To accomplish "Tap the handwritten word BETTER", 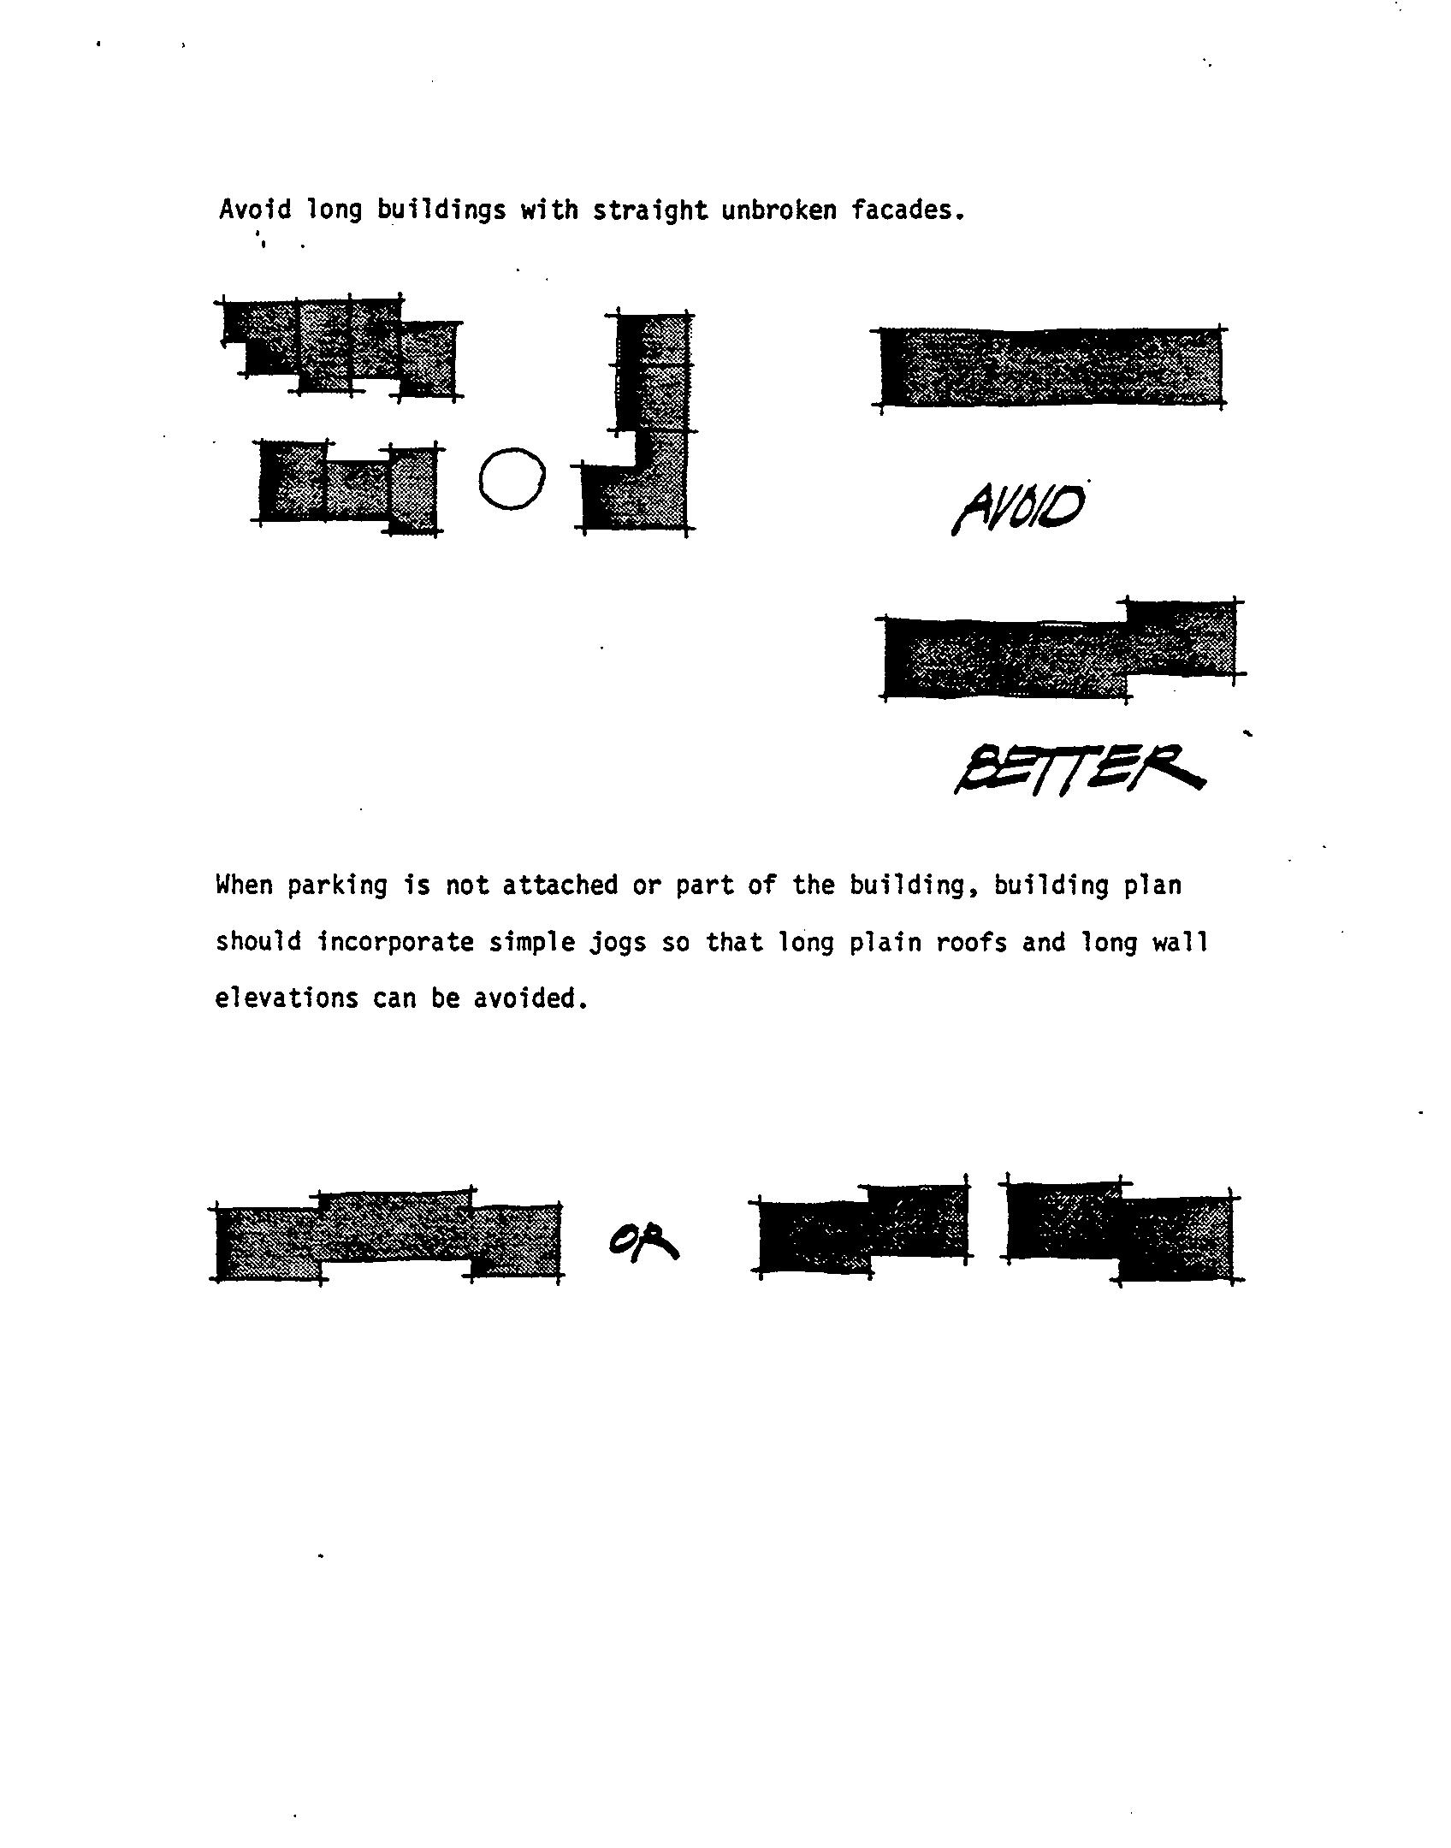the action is point(1080,769).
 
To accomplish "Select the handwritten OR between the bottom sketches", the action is point(643,1243).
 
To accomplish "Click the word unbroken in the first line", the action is point(779,210).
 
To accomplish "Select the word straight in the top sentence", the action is point(650,210).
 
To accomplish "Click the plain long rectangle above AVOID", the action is point(1051,366).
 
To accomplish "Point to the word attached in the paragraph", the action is point(560,885).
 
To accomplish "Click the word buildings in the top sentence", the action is point(441,210).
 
